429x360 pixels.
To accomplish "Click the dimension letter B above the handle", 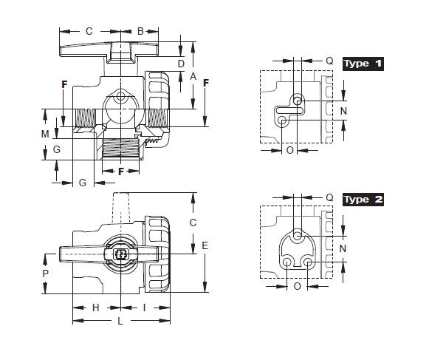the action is (140, 31).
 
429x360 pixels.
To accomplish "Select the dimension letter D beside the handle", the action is (181, 64).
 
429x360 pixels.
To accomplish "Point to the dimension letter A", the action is (193, 76).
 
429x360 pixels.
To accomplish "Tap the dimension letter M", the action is (45, 134).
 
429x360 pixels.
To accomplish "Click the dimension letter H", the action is (96, 308).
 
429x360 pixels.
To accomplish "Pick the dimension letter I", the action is (145, 308).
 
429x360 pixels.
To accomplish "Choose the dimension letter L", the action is (120, 321).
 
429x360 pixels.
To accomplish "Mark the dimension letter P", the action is (46, 274).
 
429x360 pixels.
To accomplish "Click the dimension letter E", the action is (205, 245).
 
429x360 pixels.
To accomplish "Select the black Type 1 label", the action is (363, 64).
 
